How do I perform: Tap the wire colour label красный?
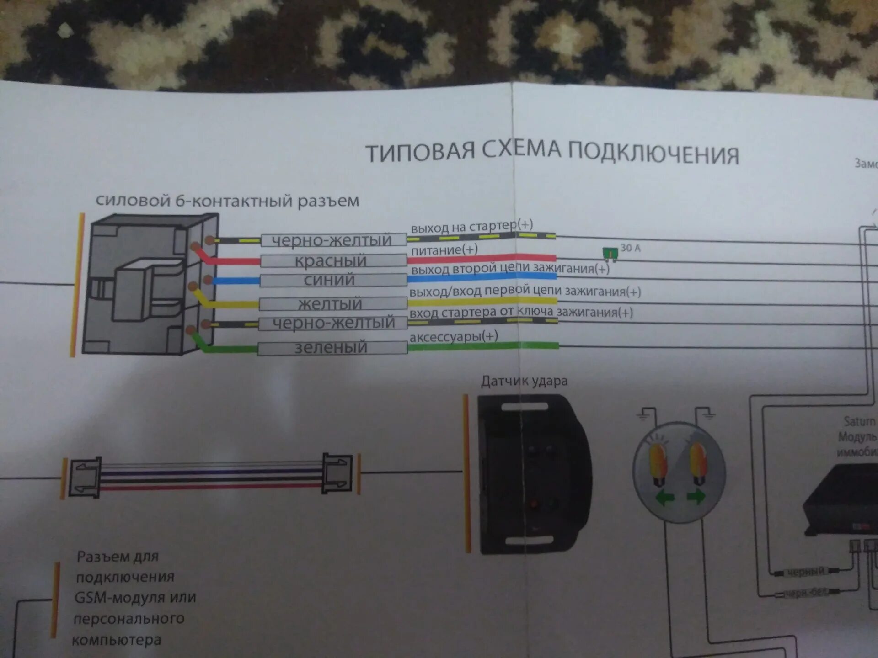331,261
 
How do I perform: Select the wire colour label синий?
329,280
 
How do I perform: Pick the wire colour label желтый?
330,303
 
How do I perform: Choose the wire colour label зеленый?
331,348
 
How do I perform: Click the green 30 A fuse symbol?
610,253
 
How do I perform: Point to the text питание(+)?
444,250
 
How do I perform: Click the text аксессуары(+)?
454,337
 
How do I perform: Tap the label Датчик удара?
524,381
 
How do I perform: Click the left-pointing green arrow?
665,498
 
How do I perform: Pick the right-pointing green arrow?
696,496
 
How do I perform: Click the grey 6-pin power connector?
149,285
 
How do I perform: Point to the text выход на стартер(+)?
471,226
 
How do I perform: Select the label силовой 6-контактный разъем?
227,201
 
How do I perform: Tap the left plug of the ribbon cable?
85,478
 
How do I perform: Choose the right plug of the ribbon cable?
337,473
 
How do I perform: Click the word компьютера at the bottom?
117,640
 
